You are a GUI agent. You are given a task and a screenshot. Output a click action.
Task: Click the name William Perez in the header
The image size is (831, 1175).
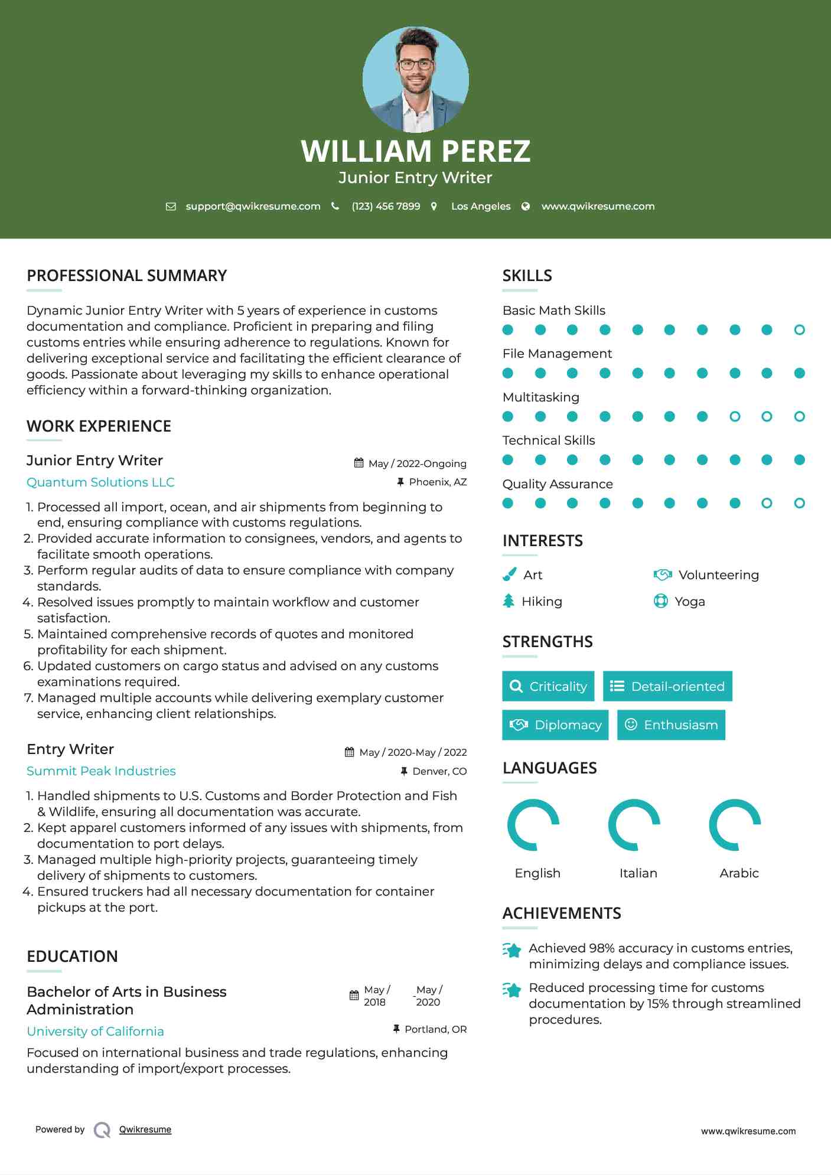(x=415, y=151)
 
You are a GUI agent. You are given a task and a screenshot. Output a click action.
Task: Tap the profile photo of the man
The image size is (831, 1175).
(x=415, y=79)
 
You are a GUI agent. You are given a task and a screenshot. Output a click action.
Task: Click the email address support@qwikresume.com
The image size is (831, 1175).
(x=253, y=206)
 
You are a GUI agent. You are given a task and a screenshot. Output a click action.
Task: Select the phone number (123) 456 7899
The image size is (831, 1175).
(x=386, y=206)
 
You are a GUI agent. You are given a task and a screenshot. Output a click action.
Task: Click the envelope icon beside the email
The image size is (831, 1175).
(x=171, y=207)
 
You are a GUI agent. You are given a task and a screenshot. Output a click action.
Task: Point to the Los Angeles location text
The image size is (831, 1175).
(x=480, y=206)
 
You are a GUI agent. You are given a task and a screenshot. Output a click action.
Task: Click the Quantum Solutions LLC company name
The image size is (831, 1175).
(x=100, y=482)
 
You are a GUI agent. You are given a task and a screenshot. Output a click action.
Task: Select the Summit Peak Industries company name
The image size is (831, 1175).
(x=101, y=771)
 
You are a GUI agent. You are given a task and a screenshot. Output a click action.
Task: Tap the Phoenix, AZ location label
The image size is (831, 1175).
(x=438, y=482)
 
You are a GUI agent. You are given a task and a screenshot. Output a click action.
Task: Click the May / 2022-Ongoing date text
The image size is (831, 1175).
(x=417, y=464)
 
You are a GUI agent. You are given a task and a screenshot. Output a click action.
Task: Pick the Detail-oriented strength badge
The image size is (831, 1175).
(x=667, y=686)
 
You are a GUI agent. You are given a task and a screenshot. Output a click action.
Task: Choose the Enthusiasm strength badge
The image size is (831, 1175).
(x=671, y=724)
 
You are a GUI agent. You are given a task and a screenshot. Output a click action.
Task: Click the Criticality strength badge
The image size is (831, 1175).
(x=548, y=686)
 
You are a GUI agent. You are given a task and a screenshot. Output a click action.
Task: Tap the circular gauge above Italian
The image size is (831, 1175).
(x=634, y=825)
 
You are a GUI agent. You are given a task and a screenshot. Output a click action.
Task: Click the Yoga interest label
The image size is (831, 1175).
(x=689, y=602)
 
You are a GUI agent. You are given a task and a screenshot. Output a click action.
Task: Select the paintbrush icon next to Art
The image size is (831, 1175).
(x=509, y=575)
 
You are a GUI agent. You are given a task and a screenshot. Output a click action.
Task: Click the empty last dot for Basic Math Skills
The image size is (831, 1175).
(x=799, y=330)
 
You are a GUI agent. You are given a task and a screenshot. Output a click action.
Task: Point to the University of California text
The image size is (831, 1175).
(x=95, y=1032)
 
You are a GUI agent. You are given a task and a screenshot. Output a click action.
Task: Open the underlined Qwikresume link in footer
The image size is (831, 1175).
(x=145, y=1130)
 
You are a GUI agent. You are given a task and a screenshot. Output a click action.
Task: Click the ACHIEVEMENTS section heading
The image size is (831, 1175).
(x=561, y=913)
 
